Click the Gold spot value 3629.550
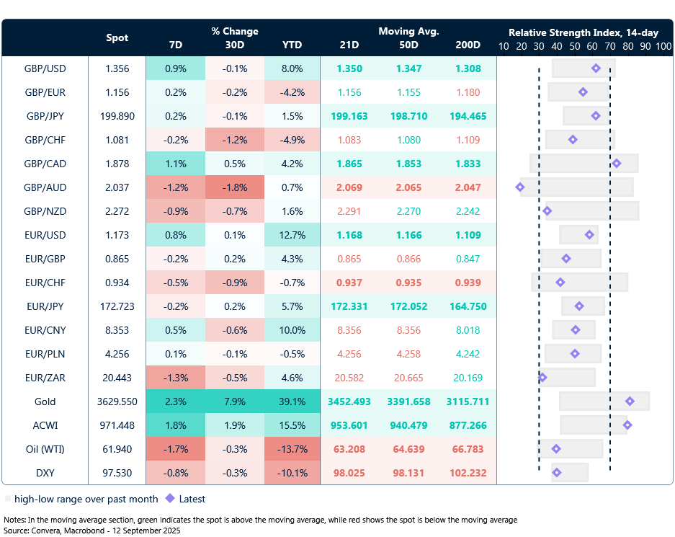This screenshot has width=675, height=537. pos(117,401)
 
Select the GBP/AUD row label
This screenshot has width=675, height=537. pos(45,187)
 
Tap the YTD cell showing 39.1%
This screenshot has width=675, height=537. pos(292,401)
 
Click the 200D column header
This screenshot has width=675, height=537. pos(468,45)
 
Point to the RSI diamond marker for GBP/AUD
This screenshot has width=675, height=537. pos(520,187)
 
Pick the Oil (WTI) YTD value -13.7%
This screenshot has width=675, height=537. pos(292,449)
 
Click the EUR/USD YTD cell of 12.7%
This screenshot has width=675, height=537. pos(292,235)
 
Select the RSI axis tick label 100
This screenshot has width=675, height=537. pos(663,45)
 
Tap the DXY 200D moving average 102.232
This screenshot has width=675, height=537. pos(468,473)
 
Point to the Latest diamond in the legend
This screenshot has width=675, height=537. pos(170,498)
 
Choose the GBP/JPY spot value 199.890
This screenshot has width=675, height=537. pos(117,116)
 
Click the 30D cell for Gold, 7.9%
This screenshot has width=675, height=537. pos(235,401)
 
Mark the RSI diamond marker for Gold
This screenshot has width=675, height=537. pos(630,401)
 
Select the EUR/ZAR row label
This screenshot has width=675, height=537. pos(45,378)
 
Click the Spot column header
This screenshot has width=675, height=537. pos(117,37)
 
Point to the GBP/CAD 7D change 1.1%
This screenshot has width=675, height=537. pos(175,164)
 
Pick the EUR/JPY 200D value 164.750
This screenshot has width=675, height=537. pos(468,306)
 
